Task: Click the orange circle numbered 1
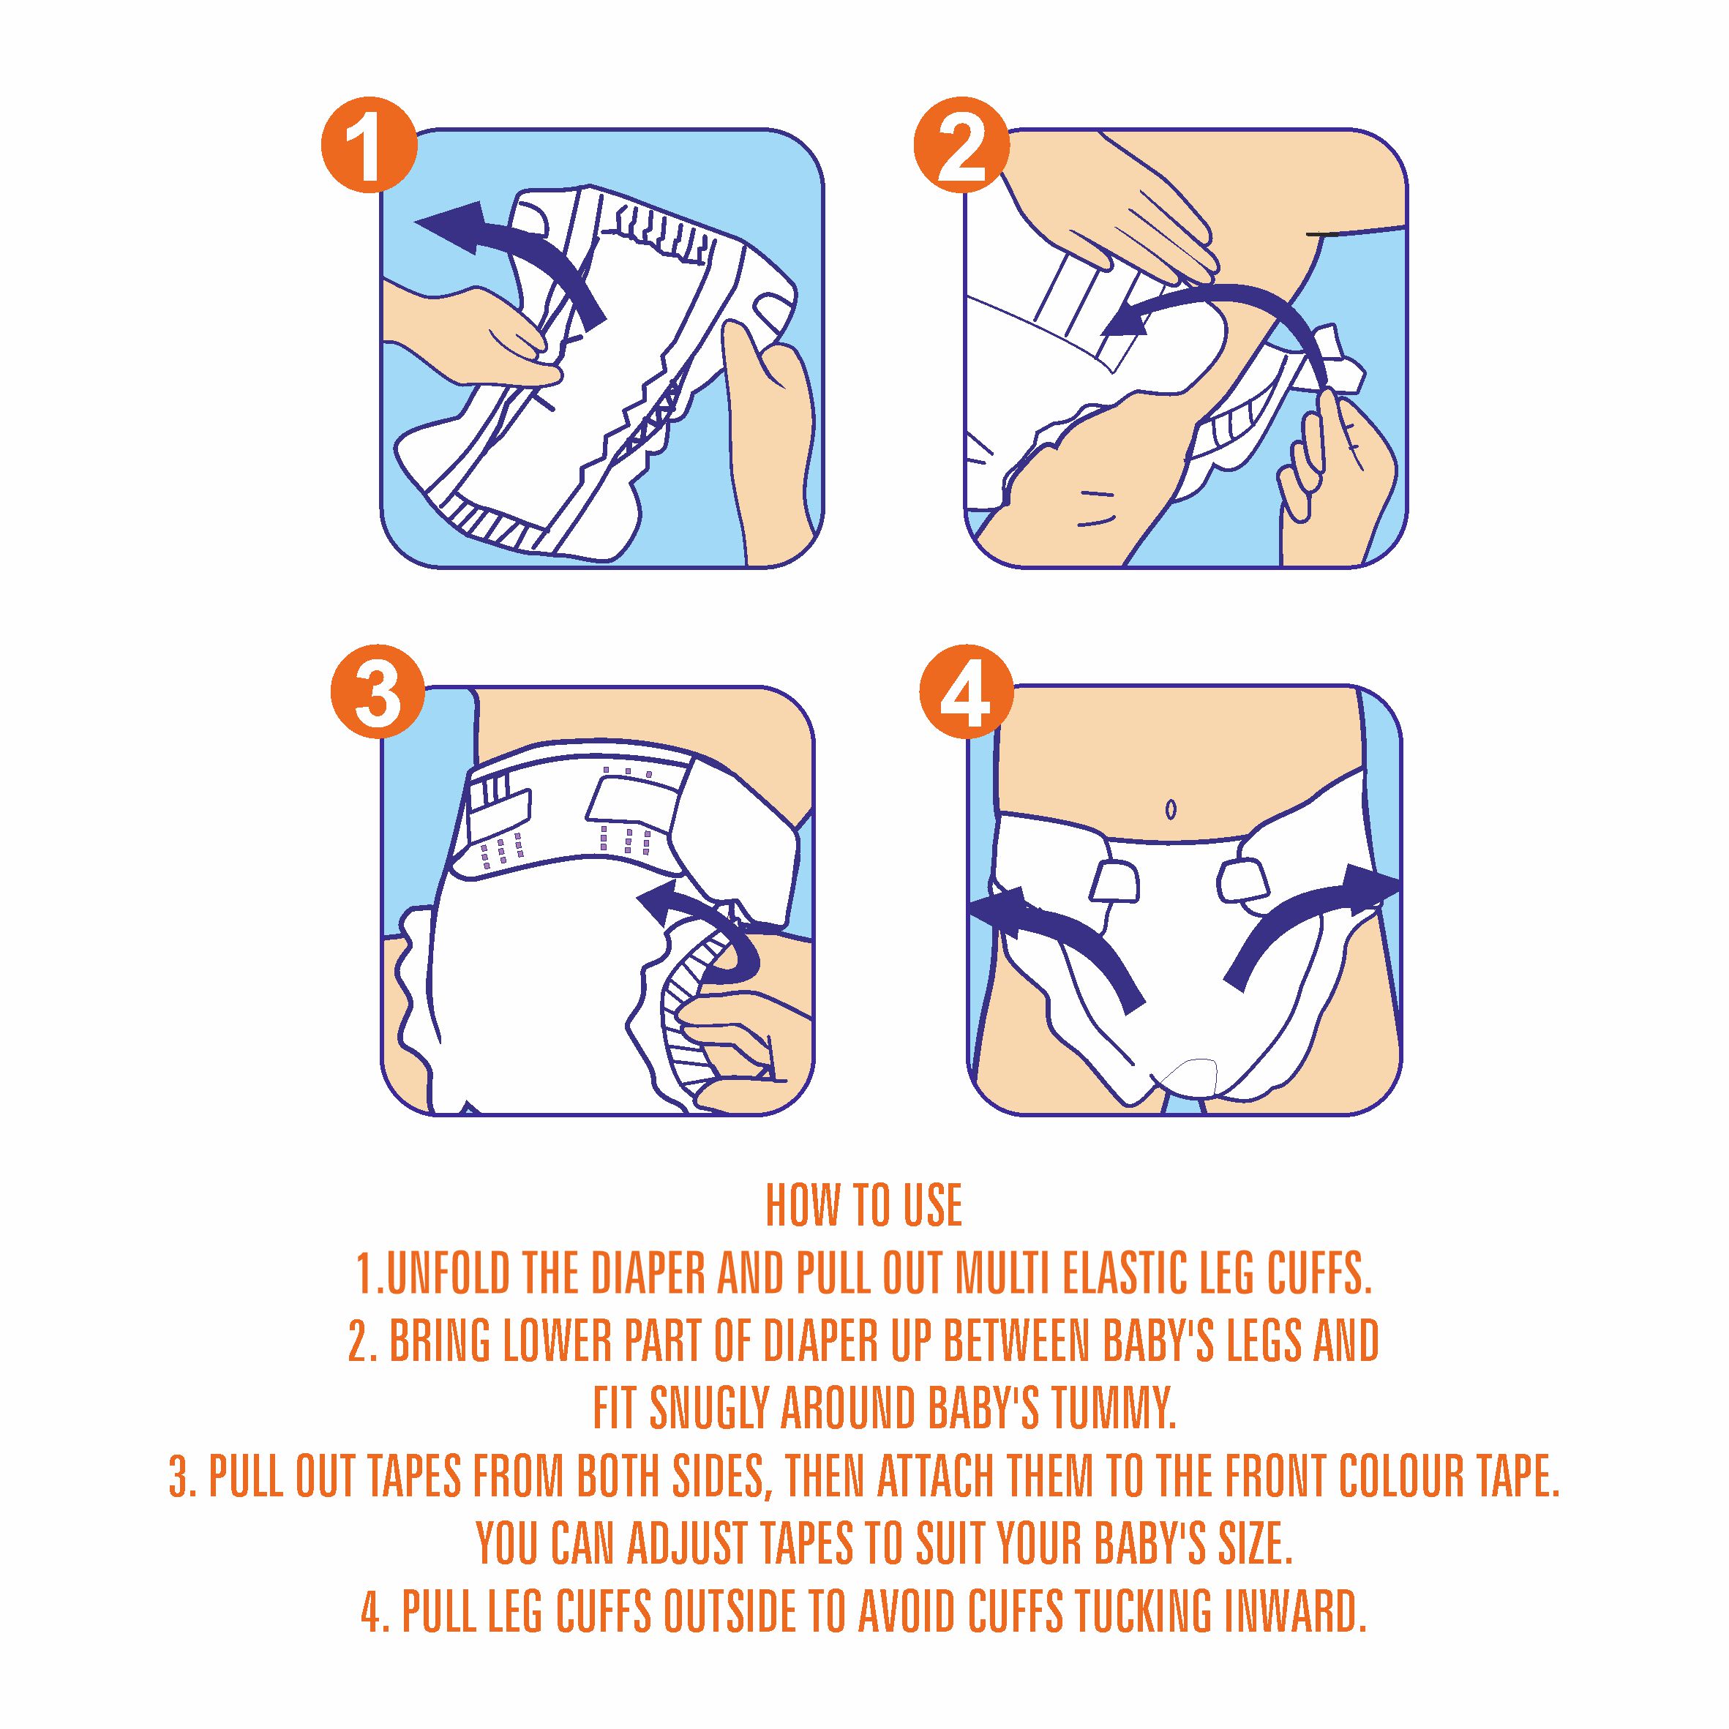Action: click(x=367, y=144)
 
